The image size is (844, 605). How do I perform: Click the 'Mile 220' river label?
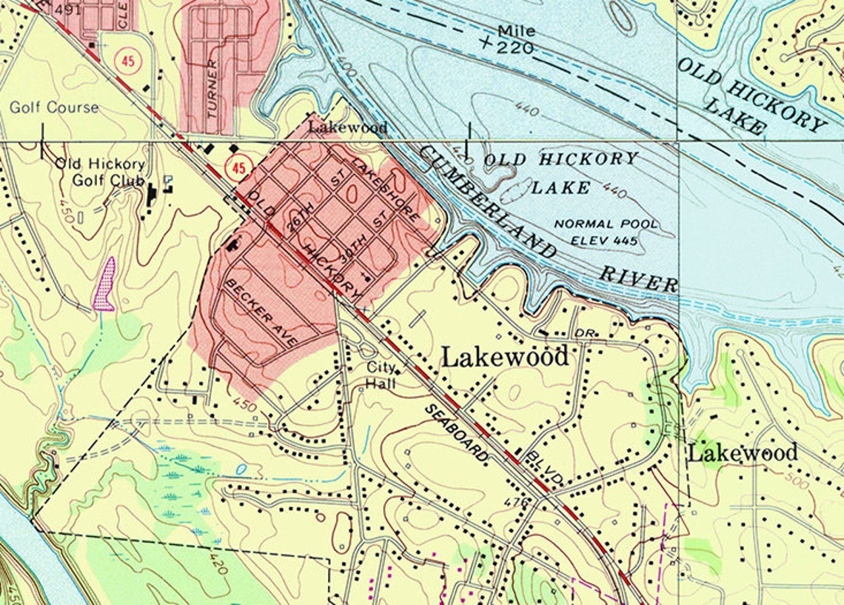click(x=517, y=39)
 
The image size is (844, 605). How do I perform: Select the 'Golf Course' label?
click(x=54, y=107)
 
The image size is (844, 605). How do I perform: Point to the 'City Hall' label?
click(x=381, y=375)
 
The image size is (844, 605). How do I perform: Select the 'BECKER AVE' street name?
click(x=261, y=313)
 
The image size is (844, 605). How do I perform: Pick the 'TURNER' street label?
click(x=213, y=90)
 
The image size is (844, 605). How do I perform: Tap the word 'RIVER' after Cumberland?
click(x=638, y=278)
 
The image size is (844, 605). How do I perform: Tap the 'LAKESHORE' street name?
click(x=385, y=190)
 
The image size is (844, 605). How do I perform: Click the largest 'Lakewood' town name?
click(x=505, y=357)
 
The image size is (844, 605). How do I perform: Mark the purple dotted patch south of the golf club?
click(x=105, y=285)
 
